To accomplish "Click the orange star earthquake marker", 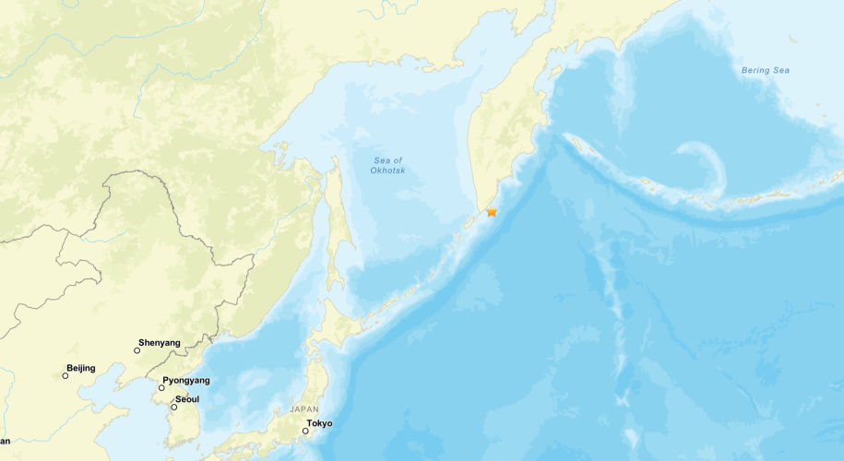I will [x=492, y=211].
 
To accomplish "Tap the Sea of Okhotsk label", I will [x=388, y=166].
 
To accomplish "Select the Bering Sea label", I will [x=766, y=70].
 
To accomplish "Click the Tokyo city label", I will [x=319, y=423].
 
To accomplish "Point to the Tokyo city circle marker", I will [x=305, y=431].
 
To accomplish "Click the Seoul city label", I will [x=187, y=399].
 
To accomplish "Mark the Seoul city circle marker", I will [x=173, y=407].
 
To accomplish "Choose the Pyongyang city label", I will [x=186, y=380].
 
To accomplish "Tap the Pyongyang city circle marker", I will [x=161, y=387].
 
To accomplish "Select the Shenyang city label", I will [x=159, y=342].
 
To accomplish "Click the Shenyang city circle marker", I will [x=137, y=350].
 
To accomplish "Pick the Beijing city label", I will [x=80, y=368].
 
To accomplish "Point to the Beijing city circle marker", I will [x=66, y=375].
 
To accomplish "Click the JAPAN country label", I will [x=304, y=408].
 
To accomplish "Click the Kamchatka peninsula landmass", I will [x=503, y=138].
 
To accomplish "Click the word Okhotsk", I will [x=388, y=171].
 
